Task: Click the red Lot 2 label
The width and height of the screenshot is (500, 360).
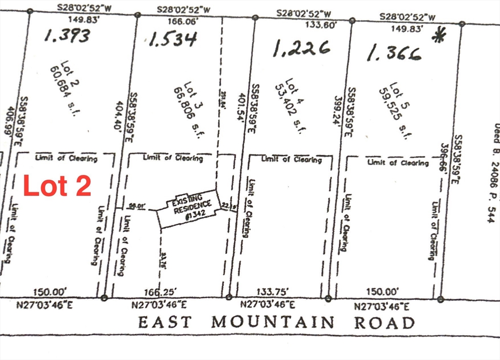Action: point(57,186)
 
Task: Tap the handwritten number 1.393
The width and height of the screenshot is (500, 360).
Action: point(67,35)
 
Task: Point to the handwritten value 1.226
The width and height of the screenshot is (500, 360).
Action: point(301,48)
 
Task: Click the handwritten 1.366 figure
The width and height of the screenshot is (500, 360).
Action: point(394,53)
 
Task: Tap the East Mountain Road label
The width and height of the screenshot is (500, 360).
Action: point(276,323)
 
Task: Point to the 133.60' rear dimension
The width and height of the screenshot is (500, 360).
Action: point(320,25)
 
